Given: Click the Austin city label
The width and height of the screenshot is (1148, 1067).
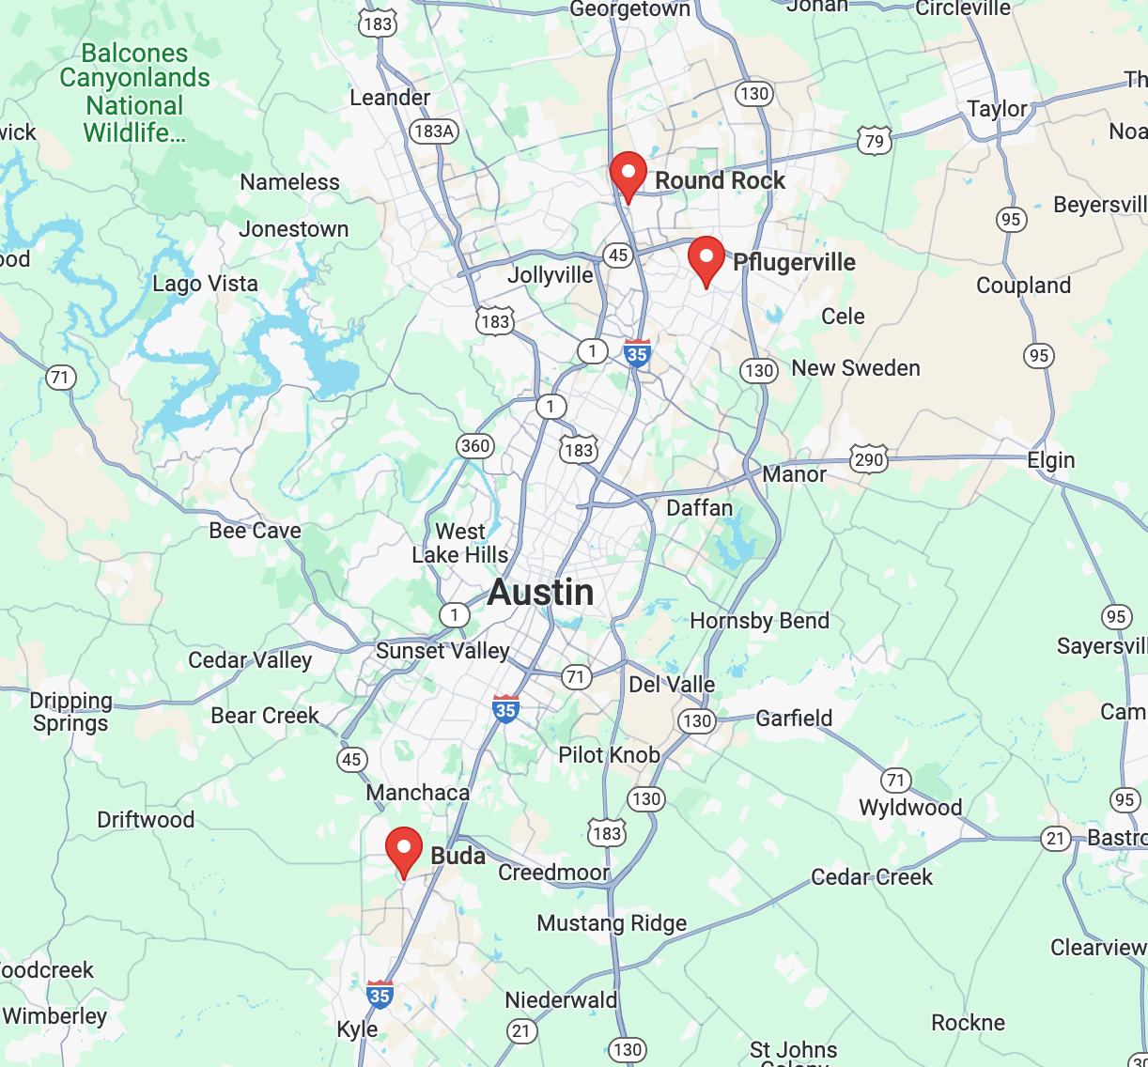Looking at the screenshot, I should [x=541, y=593].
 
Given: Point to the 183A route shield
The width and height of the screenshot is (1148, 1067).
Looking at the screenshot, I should [x=434, y=131].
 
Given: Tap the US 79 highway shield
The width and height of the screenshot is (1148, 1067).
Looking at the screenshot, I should [x=874, y=142].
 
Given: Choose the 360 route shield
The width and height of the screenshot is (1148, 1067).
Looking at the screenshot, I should [x=475, y=445].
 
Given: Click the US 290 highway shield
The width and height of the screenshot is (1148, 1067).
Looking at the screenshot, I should [x=868, y=459].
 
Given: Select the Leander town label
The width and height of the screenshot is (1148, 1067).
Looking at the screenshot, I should [x=390, y=98].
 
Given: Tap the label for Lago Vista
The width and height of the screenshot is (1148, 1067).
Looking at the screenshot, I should [x=205, y=284].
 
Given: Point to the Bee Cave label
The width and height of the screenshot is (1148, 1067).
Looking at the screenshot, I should [x=255, y=531].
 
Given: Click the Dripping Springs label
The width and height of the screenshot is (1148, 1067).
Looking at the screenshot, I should [x=70, y=712].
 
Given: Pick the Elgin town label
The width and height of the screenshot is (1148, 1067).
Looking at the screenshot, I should [x=1050, y=460].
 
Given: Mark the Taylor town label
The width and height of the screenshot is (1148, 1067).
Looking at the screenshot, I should [x=998, y=109].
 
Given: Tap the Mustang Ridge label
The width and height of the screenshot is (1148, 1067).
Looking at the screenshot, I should [x=612, y=923].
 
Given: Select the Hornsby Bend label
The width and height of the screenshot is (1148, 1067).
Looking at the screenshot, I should [x=759, y=621].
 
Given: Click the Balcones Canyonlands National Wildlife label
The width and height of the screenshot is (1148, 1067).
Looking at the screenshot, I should [x=134, y=93].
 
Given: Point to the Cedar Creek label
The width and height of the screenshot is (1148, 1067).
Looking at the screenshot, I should [x=871, y=877].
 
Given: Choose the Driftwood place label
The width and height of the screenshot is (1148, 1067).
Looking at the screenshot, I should [x=146, y=820].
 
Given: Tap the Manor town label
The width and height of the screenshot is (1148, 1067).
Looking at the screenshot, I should [x=794, y=474].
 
